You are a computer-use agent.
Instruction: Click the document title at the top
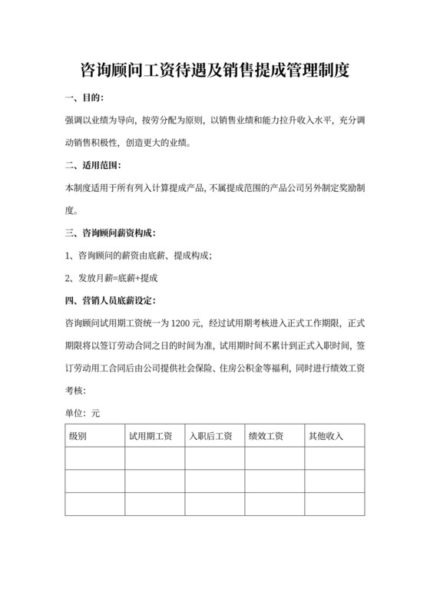point(215,71)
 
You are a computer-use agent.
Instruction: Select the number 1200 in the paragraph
point(185,322)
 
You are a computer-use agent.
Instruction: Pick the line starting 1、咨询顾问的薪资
point(138,255)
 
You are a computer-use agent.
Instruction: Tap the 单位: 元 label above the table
point(83,413)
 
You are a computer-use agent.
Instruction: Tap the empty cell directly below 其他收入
point(334,458)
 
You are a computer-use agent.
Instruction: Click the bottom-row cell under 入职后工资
point(214,504)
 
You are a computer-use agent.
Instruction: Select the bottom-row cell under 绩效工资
point(274,504)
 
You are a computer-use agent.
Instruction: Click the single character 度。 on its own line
point(72,210)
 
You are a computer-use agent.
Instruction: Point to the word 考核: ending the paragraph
point(79,389)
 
